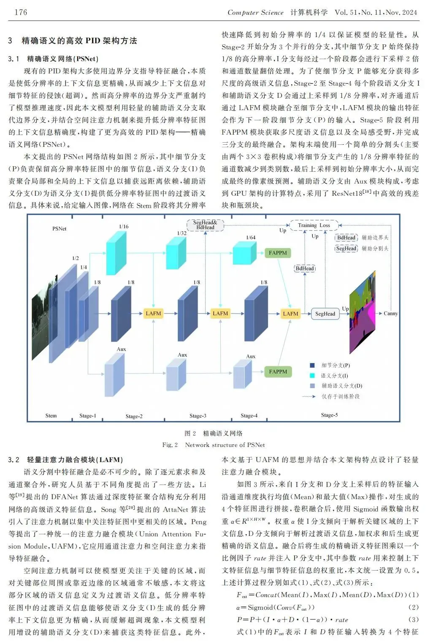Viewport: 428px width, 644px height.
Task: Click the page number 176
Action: pyautogui.click(x=21, y=12)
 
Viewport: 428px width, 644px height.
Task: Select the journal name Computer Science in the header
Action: pyautogui.click(x=255, y=12)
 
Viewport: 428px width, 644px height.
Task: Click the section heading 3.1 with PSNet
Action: pyautogui.click(x=53, y=59)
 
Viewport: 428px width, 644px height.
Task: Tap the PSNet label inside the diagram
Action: pyautogui.click(x=59, y=228)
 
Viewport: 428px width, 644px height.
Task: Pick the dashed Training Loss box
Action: pyautogui.click(x=314, y=225)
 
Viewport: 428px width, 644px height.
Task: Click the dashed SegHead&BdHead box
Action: pyautogui.click(x=205, y=225)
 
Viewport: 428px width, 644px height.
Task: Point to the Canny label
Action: pyautogui.click(x=390, y=313)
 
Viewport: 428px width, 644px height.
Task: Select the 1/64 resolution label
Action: pyautogui.click(x=251, y=238)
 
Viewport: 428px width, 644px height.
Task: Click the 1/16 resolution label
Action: pyautogui.click(x=124, y=227)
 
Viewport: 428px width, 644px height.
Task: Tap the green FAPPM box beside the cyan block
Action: pyautogui.click(x=277, y=253)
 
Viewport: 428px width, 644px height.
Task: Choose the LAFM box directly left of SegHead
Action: pyautogui.click(x=290, y=314)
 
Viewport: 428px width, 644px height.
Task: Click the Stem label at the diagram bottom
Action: pyautogui.click(x=51, y=416)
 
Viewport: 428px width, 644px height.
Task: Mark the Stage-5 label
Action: pyautogui.click(x=329, y=415)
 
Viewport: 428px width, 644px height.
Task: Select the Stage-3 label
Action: pyautogui.click(x=198, y=416)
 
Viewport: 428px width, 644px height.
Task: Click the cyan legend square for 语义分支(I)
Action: pyautogui.click(x=312, y=376)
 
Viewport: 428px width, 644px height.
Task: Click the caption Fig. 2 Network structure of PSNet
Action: pyautogui.click(x=214, y=445)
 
